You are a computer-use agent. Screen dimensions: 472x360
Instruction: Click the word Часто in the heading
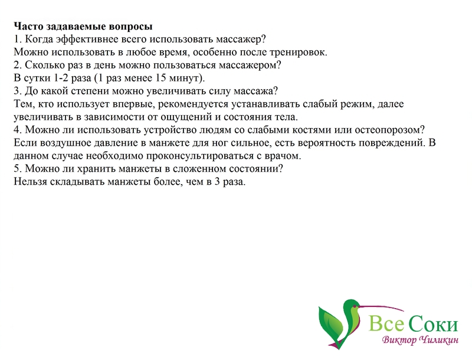(28, 27)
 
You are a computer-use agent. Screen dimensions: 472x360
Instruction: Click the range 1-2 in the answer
(61, 78)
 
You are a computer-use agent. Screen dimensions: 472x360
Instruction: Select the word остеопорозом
(389, 130)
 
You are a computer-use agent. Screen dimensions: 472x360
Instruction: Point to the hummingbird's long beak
(381, 307)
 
